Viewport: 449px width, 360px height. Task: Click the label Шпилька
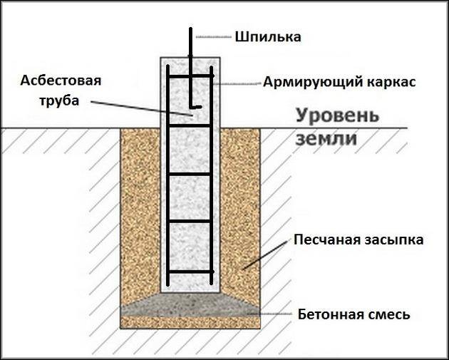point(268,37)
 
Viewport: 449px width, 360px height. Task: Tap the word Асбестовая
point(61,81)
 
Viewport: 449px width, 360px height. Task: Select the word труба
point(59,101)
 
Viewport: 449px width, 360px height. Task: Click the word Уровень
point(337,116)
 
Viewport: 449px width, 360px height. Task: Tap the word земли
point(326,139)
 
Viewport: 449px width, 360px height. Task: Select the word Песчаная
point(326,240)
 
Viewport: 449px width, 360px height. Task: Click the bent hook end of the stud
point(196,107)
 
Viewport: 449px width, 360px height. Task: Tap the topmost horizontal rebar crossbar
point(191,76)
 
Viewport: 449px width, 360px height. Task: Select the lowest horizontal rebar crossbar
point(191,271)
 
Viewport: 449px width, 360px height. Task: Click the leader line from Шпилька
point(214,37)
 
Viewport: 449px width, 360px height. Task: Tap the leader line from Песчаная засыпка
point(265,255)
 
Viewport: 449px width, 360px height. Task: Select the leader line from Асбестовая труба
point(142,108)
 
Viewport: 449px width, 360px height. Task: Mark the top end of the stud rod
point(190,28)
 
